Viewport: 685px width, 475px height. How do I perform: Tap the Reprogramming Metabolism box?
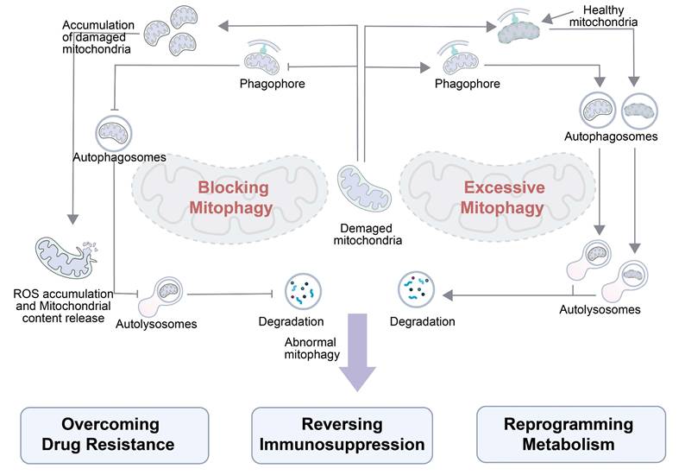571,435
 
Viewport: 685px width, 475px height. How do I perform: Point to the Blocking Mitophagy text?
233,197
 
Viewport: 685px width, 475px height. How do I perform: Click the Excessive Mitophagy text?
504,197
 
